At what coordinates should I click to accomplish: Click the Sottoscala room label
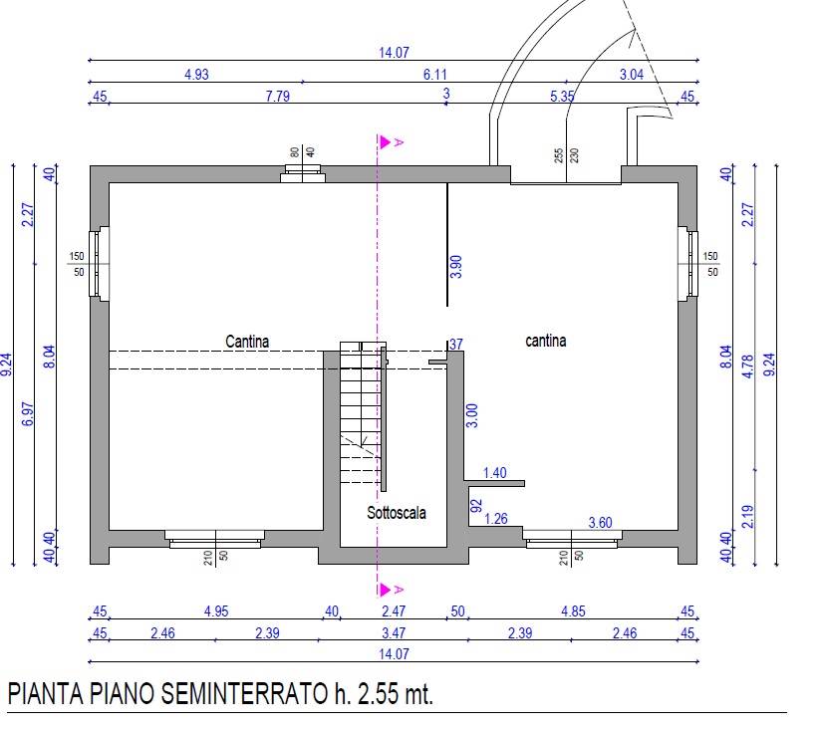[x=397, y=513]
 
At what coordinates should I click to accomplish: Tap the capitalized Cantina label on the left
[x=247, y=342]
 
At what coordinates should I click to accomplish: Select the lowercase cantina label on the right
[x=546, y=341]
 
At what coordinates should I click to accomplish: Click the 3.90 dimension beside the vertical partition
[x=456, y=266]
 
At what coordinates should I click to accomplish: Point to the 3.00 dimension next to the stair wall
[x=471, y=415]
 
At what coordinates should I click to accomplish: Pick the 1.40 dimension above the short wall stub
[x=494, y=473]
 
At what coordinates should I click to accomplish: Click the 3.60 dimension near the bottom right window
[x=600, y=522]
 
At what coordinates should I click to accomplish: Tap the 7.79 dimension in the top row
[x=278, y=97]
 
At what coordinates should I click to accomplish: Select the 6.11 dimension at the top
[x=435, y=75]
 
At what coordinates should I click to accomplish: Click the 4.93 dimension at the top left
[x=196, y=75]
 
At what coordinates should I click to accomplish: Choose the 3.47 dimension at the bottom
[x=394, y=633]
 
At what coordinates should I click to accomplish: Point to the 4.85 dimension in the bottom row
[x=573, y=611]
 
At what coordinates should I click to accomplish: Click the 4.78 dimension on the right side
[x=747, y=366]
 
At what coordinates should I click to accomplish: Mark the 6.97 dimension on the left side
[x=28, y=414]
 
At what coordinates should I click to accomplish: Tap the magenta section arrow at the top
[x=386, y=141]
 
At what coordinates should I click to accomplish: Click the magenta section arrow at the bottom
[x=386, y=590]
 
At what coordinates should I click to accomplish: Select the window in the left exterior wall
[x=99, y=264]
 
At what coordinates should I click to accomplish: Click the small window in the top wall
[x=303, y=173]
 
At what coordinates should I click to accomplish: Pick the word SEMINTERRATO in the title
[x=244, y=694]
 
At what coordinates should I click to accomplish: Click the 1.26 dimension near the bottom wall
[x=495, y=519]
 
